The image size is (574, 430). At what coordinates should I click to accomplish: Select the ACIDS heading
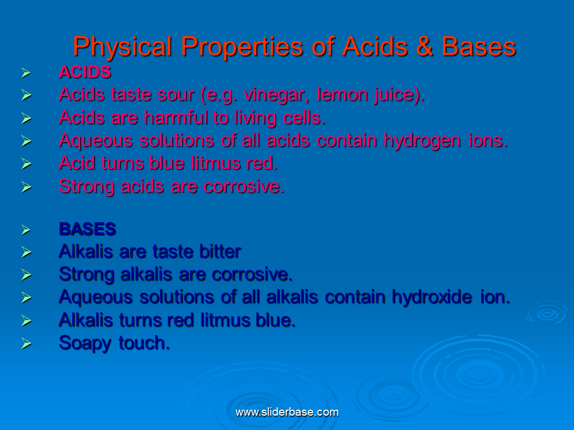point(85,72)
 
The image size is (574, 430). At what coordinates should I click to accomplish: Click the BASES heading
point(87,229)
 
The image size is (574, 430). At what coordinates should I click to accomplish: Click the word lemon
point(344,95)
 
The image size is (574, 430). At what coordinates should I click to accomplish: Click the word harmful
point(176,118)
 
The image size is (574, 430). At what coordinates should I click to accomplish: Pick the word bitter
point(216,252)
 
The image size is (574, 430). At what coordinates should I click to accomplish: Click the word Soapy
point(84,343)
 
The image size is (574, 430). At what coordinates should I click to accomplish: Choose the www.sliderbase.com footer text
point(287,412)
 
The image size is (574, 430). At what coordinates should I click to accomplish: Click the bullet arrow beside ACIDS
point(26,73)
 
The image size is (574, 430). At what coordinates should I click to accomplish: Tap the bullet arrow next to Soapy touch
point(26,344)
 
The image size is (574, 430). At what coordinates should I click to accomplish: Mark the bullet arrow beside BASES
point(26,230)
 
